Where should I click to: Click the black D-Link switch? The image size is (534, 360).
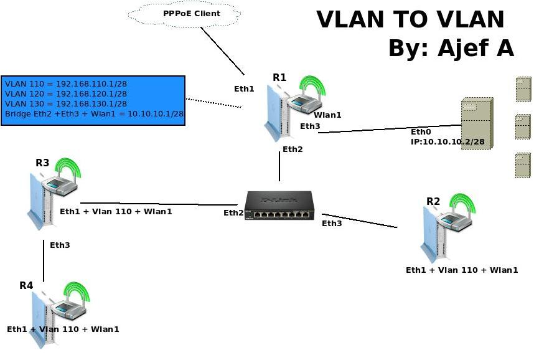pyautogui.click(x=278, y=206)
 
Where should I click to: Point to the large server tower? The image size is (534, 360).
pyautogui.click(x=476, y=123)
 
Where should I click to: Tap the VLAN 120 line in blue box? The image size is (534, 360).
pyautogui.click(x=66, y=93)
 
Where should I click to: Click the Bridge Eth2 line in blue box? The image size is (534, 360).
pyautogui.click(x=94, y=114)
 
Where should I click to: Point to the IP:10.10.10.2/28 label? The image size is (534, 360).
pyautogui.click(x=447, y=142)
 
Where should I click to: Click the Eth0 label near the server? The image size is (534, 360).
pyautogui.click(x=421, y=132)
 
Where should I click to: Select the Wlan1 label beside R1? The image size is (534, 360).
pyautogui.click(x=327, y=115)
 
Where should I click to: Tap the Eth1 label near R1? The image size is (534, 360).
pyautogui.click(x=244, y=89)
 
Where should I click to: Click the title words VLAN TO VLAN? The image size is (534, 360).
pyautogui.click(x=410, y=20)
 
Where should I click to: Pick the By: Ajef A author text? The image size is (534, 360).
pyautogui.click(x=451, y=48)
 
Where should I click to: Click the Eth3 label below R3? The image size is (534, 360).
pyautogui.click(x=60, y=245)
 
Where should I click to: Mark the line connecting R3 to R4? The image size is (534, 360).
pyautogui.click(x=44, y=262)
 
